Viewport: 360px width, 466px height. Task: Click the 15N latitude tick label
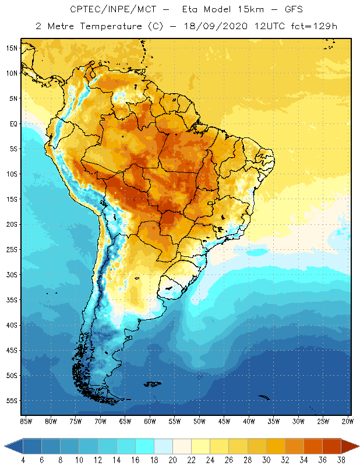click(x=12, y=48)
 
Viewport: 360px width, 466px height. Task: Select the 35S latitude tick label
click(x=12, y=300)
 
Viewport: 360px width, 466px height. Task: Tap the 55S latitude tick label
click(x=12, y=401)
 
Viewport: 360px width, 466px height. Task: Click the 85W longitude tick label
click(x=26, y=421)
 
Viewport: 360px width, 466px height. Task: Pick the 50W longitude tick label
click(x=199, y=421)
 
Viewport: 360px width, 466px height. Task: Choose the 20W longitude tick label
click(x=347, y=421)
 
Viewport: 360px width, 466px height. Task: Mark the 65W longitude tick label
click(x=125, y=421)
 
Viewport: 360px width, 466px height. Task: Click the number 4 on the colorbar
click(x=23, y=460)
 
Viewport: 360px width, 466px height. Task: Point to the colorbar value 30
click(x=266, y=460)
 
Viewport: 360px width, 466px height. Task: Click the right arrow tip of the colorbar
click(x=358, y=446)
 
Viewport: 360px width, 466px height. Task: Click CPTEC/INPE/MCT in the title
click(x=102, y=10)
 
